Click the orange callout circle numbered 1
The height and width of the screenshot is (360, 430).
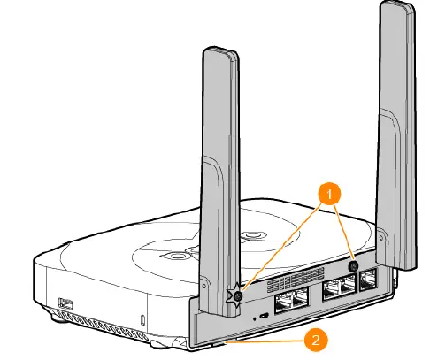click(x=329, y=194)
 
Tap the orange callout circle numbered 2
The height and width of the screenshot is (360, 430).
click(x=316, y=340)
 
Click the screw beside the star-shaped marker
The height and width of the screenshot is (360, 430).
click(x=238, y=295)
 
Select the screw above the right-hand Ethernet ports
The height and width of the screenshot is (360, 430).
click(x=353, y=266)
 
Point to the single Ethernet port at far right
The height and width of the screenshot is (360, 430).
click(x=368, y=280)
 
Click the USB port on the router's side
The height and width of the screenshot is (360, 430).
click(x=65, y=303)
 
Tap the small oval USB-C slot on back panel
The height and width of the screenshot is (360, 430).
click(x=264, y=316)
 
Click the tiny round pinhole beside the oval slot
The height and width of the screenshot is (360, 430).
click(x=255, y=318)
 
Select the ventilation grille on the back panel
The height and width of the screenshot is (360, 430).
click(x=296, y=280)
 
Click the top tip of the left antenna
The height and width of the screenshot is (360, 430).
click(x=219, y=49)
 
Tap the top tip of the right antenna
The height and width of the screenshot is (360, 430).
click(x=396, y=3)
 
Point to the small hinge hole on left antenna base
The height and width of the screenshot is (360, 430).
click(x=204, y=286)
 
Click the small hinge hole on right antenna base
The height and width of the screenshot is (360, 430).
click(x=382, y=238)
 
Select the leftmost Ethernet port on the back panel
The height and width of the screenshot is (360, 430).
click(x=283, y=303)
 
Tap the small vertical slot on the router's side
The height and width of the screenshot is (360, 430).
click(x=143, y=320)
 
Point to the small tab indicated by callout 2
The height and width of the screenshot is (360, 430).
click(x=219, y=343)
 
